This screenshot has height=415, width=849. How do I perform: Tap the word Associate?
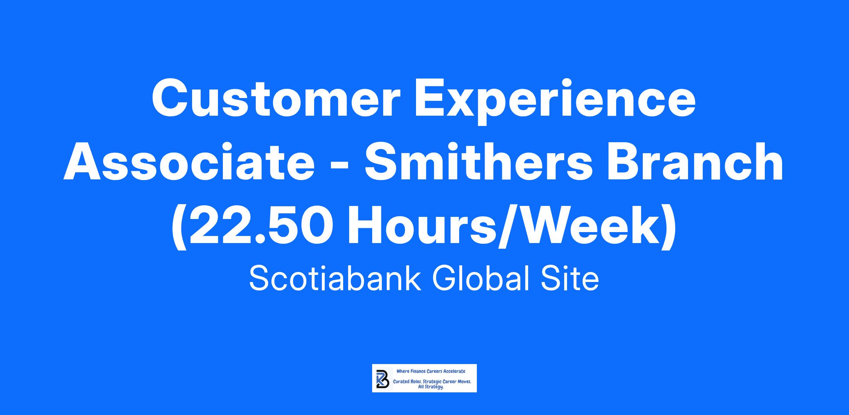pos(189,162)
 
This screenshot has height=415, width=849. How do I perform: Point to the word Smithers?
pos(479,162)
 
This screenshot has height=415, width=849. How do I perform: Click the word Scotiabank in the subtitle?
pos(335,279)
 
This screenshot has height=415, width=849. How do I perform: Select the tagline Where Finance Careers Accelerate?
pos(431,371)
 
